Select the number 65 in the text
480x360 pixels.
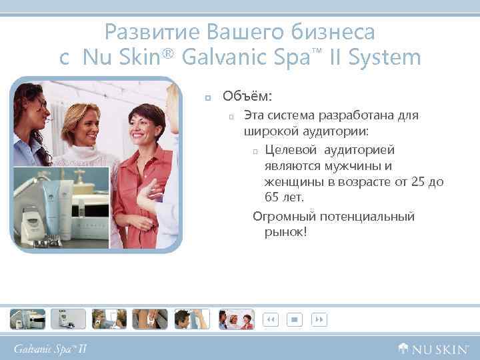[x=273, y=198]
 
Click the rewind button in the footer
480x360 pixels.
[x=271, y=320]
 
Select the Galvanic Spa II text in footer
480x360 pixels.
[x=51, y=348]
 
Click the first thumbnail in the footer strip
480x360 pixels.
[x=27, y=319]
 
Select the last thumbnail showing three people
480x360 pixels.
[x=237, y=319]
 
